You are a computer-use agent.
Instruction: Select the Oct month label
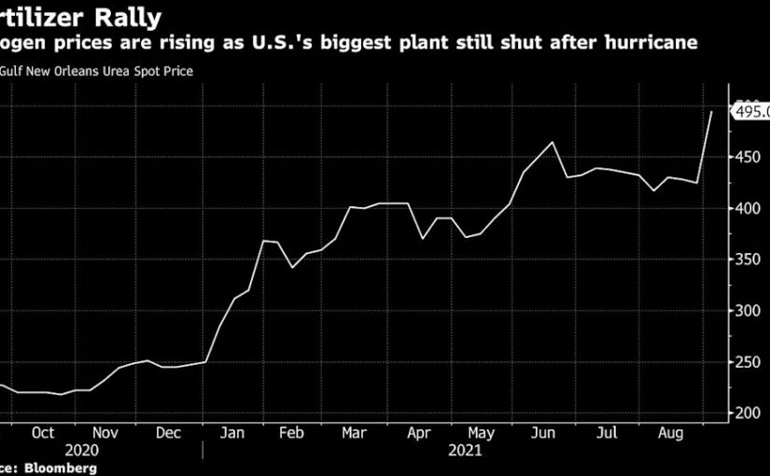[43, 433]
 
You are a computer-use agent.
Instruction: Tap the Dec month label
[168, 433]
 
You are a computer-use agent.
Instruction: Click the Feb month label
[292, 433]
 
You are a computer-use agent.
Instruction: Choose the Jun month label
[543, 433]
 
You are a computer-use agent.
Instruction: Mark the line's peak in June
[553, 143]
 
